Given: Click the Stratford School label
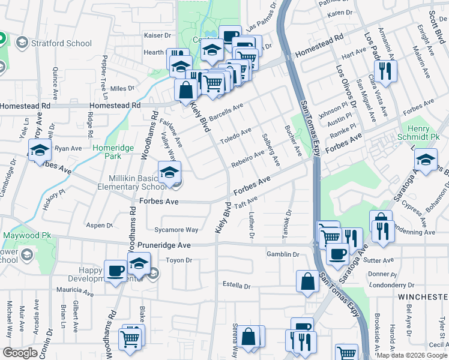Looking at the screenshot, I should (x=62, y=43).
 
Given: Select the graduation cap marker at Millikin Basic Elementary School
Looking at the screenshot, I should (x=169, y=173).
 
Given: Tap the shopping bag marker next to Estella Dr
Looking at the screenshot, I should (x=307, y=283).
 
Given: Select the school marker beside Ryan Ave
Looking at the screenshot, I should (x=40, y=151).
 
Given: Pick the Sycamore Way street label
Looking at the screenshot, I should (x=176, y=230).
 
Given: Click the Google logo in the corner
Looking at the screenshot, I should (x=20, y=352).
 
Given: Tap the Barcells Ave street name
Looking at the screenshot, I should (x=226, y=112).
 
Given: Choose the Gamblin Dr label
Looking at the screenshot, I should (x=283, y=254).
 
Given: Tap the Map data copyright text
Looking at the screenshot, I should (x=412, y=355).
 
